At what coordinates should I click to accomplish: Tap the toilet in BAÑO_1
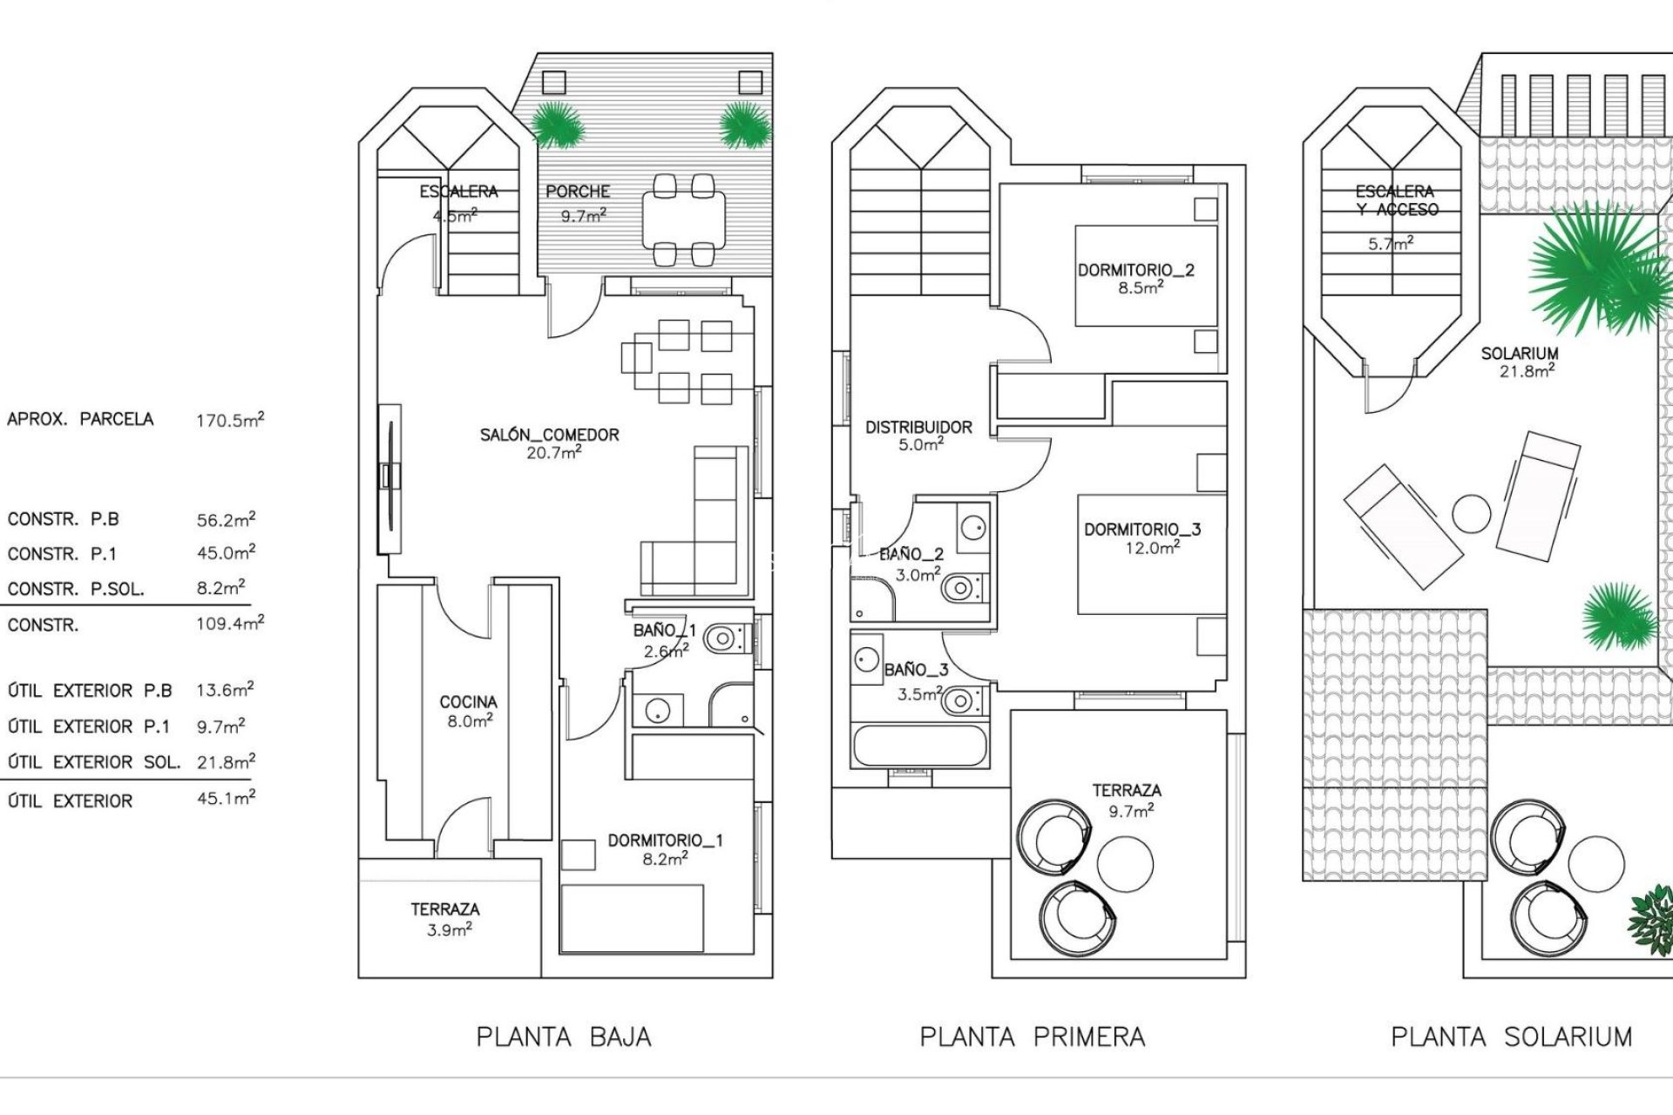click(724, 640)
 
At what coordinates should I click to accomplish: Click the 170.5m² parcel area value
click(230, 420)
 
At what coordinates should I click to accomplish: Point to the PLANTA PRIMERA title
click(1033, 1037)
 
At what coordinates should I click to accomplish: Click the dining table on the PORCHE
click(683, 220)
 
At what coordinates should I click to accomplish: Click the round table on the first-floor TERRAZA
click(1125, 863)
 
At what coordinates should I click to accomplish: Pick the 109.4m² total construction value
click(230, 624)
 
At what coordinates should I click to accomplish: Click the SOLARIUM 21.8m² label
click(1520, 362)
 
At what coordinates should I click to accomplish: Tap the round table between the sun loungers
click(1472, 515)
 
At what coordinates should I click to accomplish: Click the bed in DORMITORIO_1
click(633, 918)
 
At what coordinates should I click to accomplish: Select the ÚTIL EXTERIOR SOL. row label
click(94, 762)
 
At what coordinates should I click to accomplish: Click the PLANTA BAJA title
click(564, 1037)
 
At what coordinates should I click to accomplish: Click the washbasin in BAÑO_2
click(973, 527)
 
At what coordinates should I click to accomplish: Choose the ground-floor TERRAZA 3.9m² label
click(445, 918)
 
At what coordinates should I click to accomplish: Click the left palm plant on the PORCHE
click(555, 125)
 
